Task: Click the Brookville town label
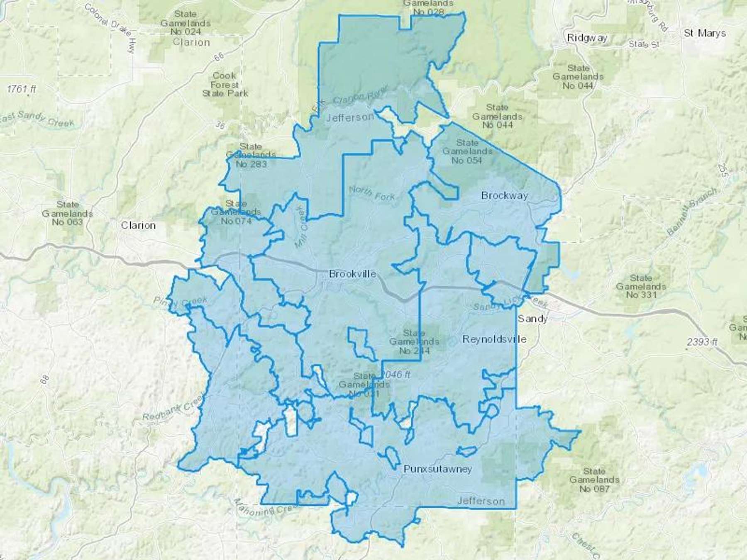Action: (x=352, y=274)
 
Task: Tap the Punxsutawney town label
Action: (x=438, y=469)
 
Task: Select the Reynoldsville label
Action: (x=494, y=339)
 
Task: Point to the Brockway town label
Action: (x=504, y=195)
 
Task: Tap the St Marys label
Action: (x=705, y=33)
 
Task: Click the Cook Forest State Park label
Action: (x=225, y=84)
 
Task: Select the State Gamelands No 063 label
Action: (x=67, y=213)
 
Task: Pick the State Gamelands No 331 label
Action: (x=641, y=286)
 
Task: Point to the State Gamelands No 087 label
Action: (x=594, y=480)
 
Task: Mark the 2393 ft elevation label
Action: (x=702, y=342)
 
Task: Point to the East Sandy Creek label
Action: (x=37, y=118)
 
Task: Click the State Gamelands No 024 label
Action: (x=186, y=23)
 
